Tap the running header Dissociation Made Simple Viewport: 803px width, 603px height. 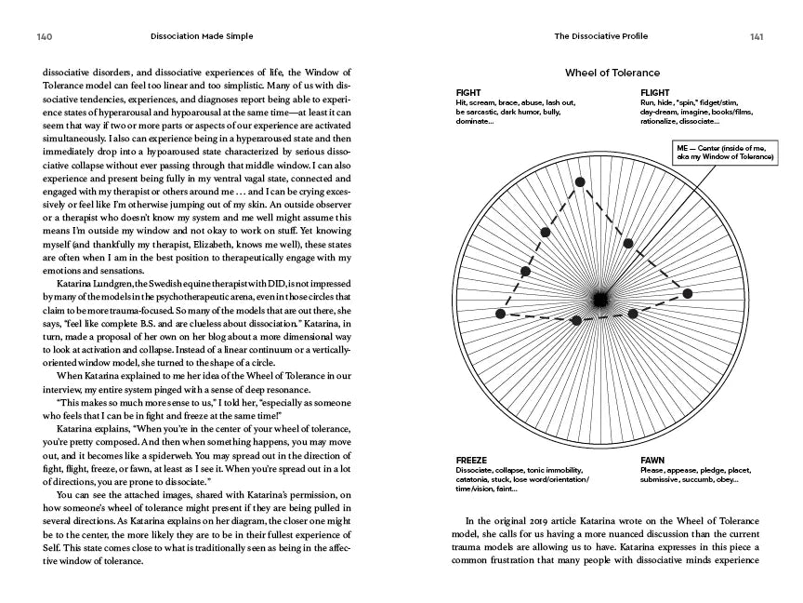pos(206,37)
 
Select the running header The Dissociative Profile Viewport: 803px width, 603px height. pos(600,37)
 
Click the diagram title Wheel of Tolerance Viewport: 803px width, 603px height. pos(612,73)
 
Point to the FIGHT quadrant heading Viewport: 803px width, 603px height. pos(469,92)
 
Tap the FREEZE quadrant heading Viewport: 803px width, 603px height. pos(473,461)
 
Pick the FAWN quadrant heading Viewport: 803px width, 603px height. pos(653,461)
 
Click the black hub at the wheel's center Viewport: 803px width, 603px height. pos(600,298)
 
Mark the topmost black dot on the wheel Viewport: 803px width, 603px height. pos(581,182)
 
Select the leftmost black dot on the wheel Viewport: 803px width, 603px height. pos(501,315)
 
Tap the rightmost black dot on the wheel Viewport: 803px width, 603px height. pos(688,293)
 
